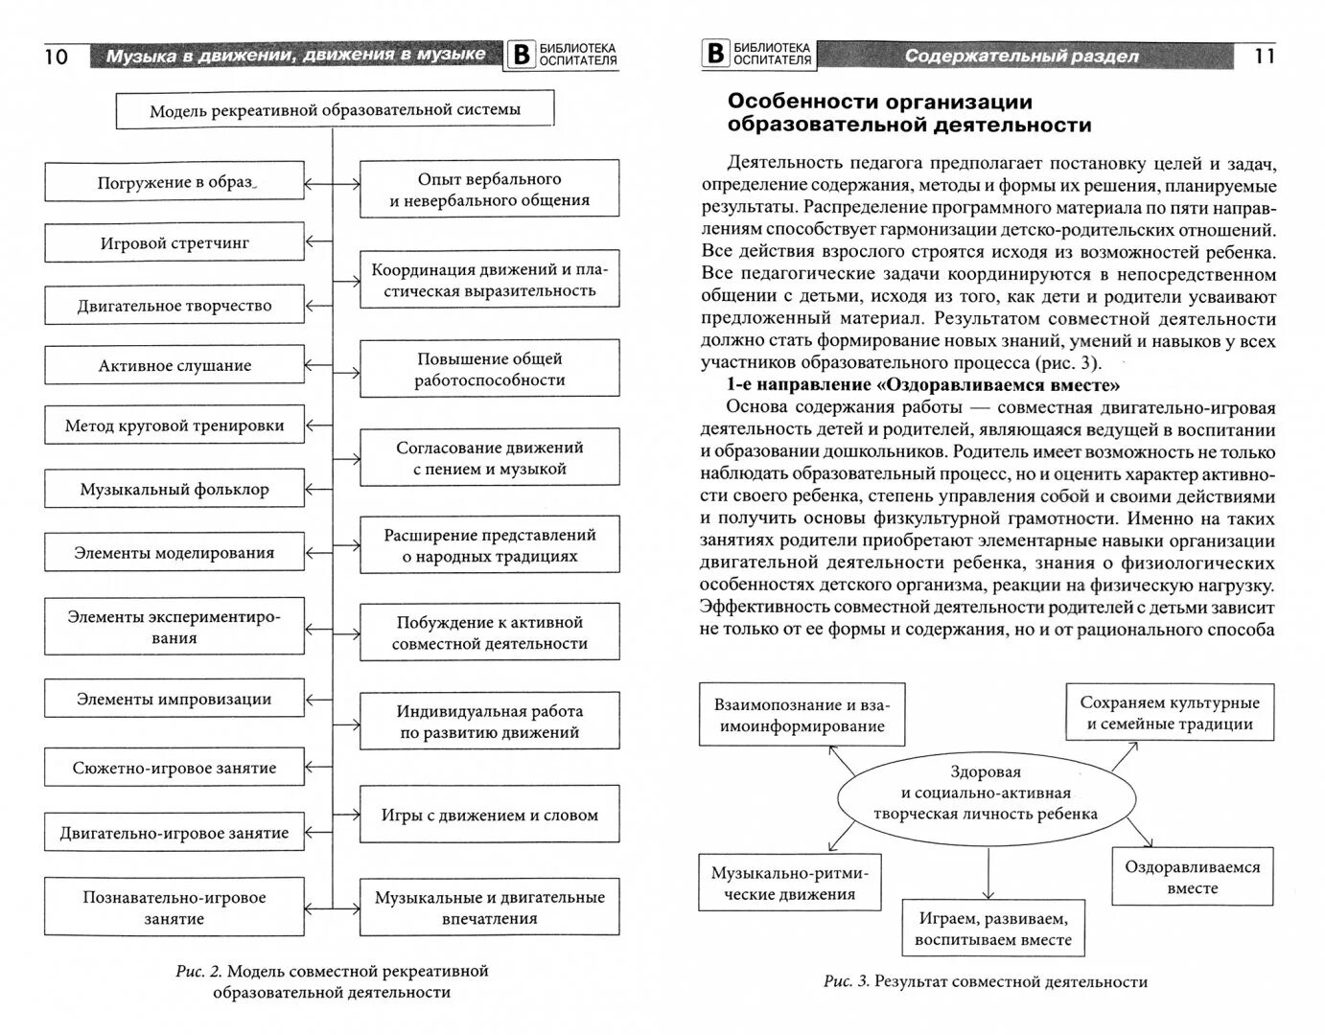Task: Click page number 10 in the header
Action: coord(57,57)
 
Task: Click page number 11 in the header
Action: coord(1265,56)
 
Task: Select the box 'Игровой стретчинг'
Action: coord(174,243)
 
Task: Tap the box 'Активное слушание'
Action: coord(174,366)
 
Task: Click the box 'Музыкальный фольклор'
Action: coord(174,490)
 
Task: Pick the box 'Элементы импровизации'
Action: coord(174,700)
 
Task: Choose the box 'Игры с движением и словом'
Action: coord(489,816)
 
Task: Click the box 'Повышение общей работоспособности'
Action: coord(489,370)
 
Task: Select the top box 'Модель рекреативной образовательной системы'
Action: coord(335,110)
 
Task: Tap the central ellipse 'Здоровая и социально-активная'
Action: coord(985,793)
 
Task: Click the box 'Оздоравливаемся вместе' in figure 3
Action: coord(1192,877)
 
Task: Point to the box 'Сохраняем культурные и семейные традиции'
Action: coord(1170,713)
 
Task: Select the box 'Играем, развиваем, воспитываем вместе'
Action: coord(992,929)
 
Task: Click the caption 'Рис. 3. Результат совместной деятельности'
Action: coord(985,981)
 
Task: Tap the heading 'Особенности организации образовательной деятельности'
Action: coord(908,113)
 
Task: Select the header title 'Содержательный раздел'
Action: coord(1021,56)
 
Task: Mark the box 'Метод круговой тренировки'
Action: coord(174,426)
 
